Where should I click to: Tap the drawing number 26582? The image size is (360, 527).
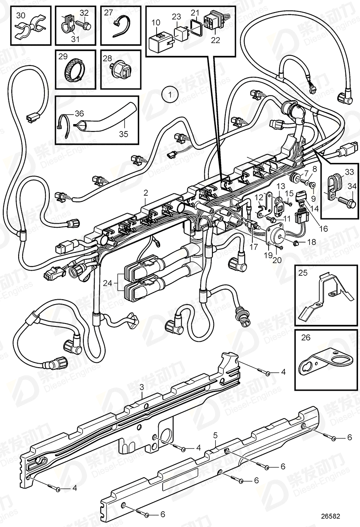(330, 516)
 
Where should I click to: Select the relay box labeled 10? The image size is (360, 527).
(162, 40)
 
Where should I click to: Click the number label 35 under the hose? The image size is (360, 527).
(123, 134)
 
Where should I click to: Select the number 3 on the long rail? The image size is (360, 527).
(142, 387)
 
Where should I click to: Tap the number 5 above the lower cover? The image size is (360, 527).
(216, 435)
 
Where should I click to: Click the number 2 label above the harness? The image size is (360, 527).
(146, 195)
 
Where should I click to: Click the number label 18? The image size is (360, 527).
(311, 242)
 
